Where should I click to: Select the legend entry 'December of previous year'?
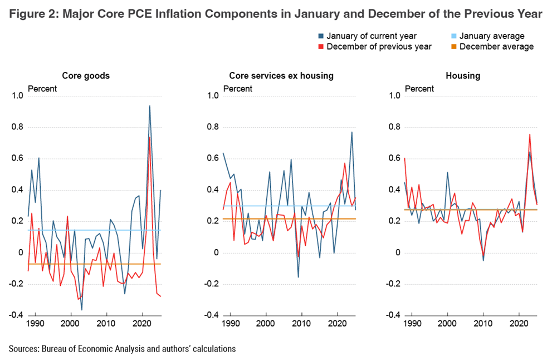point(379,47)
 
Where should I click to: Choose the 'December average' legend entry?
point(496,47)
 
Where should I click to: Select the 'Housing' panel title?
point(463,76)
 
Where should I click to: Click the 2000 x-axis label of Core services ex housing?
point(266,323)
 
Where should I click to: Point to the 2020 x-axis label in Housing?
point(519,323)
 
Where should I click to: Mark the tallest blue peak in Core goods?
point(149,106)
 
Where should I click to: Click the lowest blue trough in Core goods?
point(82,310)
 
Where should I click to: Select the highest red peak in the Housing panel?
point(530,134)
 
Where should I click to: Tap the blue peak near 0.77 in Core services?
point(352,132)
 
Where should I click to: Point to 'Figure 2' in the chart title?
point(33,14)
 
